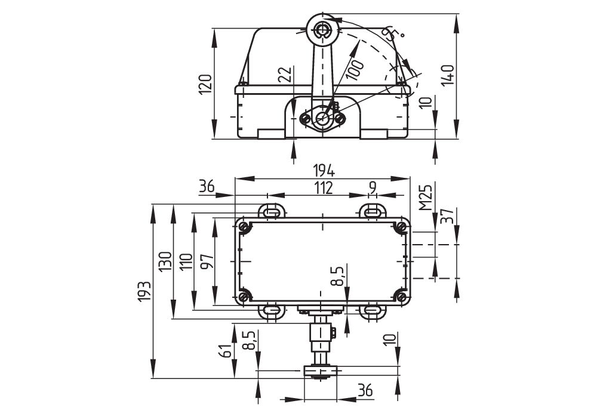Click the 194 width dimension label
(324, 171)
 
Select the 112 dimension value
(322, 187)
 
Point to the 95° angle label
(393, 34)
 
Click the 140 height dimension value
(448, 75)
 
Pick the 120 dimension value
(205, 84)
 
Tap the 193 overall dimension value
(144, 292)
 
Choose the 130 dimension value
(165, 261)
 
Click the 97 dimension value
(208, 261)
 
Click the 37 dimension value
(448, 216)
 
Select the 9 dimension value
(373, 187)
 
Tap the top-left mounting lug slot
(272, 211)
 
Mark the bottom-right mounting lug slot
(374, 312)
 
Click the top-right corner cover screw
(400, 227)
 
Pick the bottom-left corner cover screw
(244, 297)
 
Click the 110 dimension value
(186, 261)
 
